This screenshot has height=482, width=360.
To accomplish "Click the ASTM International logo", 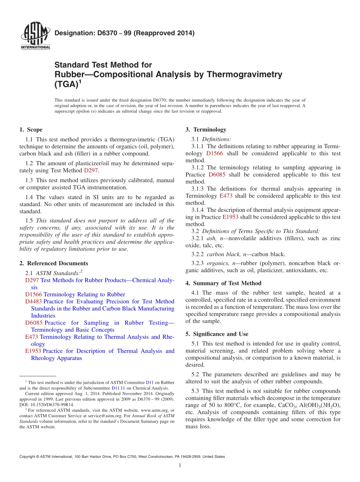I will pyautogui.click(x=35, y=36).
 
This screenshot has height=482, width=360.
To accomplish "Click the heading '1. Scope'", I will pyautogui.click(x=31, y=130).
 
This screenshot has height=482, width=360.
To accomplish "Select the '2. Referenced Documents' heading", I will pyautogui.click(x=53, y=263).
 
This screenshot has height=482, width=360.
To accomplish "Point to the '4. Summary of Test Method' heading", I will pyautogui.click(x=223, y=283).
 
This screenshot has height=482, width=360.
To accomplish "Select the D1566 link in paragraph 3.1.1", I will pyautogui.click(x=214, y=153).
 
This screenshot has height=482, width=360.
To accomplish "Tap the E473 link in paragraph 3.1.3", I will pyautogui.click(x=226, y=196).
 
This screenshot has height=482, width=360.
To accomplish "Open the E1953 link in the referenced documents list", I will pyautogui.click(x=33, y=351).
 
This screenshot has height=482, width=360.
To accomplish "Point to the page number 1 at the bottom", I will pyautogui.click(x=180, y=466).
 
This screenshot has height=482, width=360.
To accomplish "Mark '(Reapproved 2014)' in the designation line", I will pyautogui.click(x=163, y=33).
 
